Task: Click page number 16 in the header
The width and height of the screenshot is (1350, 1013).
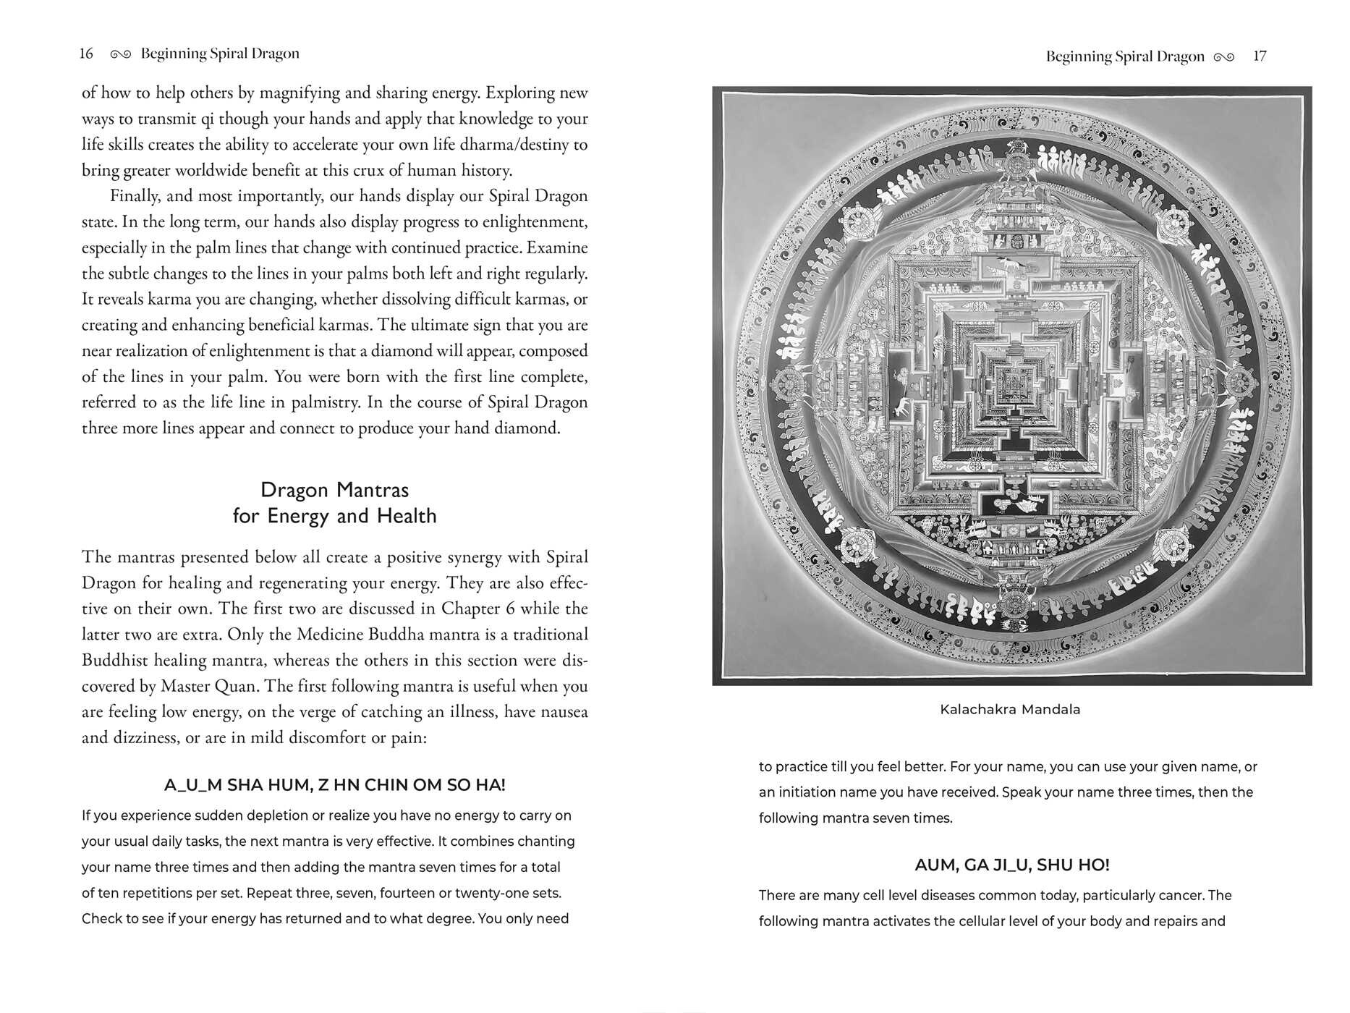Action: (86, 54)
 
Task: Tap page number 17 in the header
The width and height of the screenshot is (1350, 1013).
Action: (1260, 56)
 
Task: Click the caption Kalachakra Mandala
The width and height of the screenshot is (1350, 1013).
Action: (1010, 710)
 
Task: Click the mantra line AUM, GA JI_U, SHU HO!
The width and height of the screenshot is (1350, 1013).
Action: (1011, 865)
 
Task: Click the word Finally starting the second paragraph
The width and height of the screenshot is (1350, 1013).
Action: (134, 196)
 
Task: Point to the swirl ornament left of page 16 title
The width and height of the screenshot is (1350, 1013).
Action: (121, 54)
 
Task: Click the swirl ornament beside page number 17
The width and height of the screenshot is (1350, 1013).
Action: (1224, 57)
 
